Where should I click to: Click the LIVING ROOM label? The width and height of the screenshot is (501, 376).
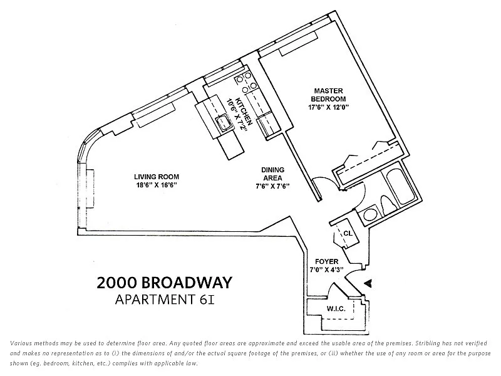click(x=157, y=177)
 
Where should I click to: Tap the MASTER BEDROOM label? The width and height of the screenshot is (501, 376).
click(x=328, y=95)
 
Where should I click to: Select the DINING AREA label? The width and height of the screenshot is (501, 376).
click(x=272, y=174)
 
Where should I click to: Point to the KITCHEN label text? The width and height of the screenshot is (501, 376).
click(x=244, y=112)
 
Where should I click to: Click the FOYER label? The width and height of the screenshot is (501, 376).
click(x=326, y=261)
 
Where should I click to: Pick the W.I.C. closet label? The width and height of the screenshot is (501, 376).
click(x=336, y=308)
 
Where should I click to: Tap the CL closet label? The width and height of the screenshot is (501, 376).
click(x=348, y=233)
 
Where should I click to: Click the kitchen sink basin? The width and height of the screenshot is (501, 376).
click(x=224, y=122)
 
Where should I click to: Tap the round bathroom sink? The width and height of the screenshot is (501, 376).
click(x=370, y=214)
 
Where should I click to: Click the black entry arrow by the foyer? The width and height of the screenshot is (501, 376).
click(x=368, y=283)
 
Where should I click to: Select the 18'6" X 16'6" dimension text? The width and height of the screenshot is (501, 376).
click(x=155, y=185)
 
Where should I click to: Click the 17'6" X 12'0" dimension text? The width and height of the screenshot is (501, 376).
click(x=328, y=107)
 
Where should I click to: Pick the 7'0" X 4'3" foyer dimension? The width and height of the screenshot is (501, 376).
click(x=326, y=269)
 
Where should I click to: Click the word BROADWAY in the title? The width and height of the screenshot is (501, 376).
click(x=187, y=283)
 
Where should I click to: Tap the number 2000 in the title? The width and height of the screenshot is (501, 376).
click(x=116, y=283)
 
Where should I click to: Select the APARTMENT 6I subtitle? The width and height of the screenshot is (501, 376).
click(x=165, y=300)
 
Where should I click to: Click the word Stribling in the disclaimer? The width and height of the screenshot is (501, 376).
click(x=427, y=343)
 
